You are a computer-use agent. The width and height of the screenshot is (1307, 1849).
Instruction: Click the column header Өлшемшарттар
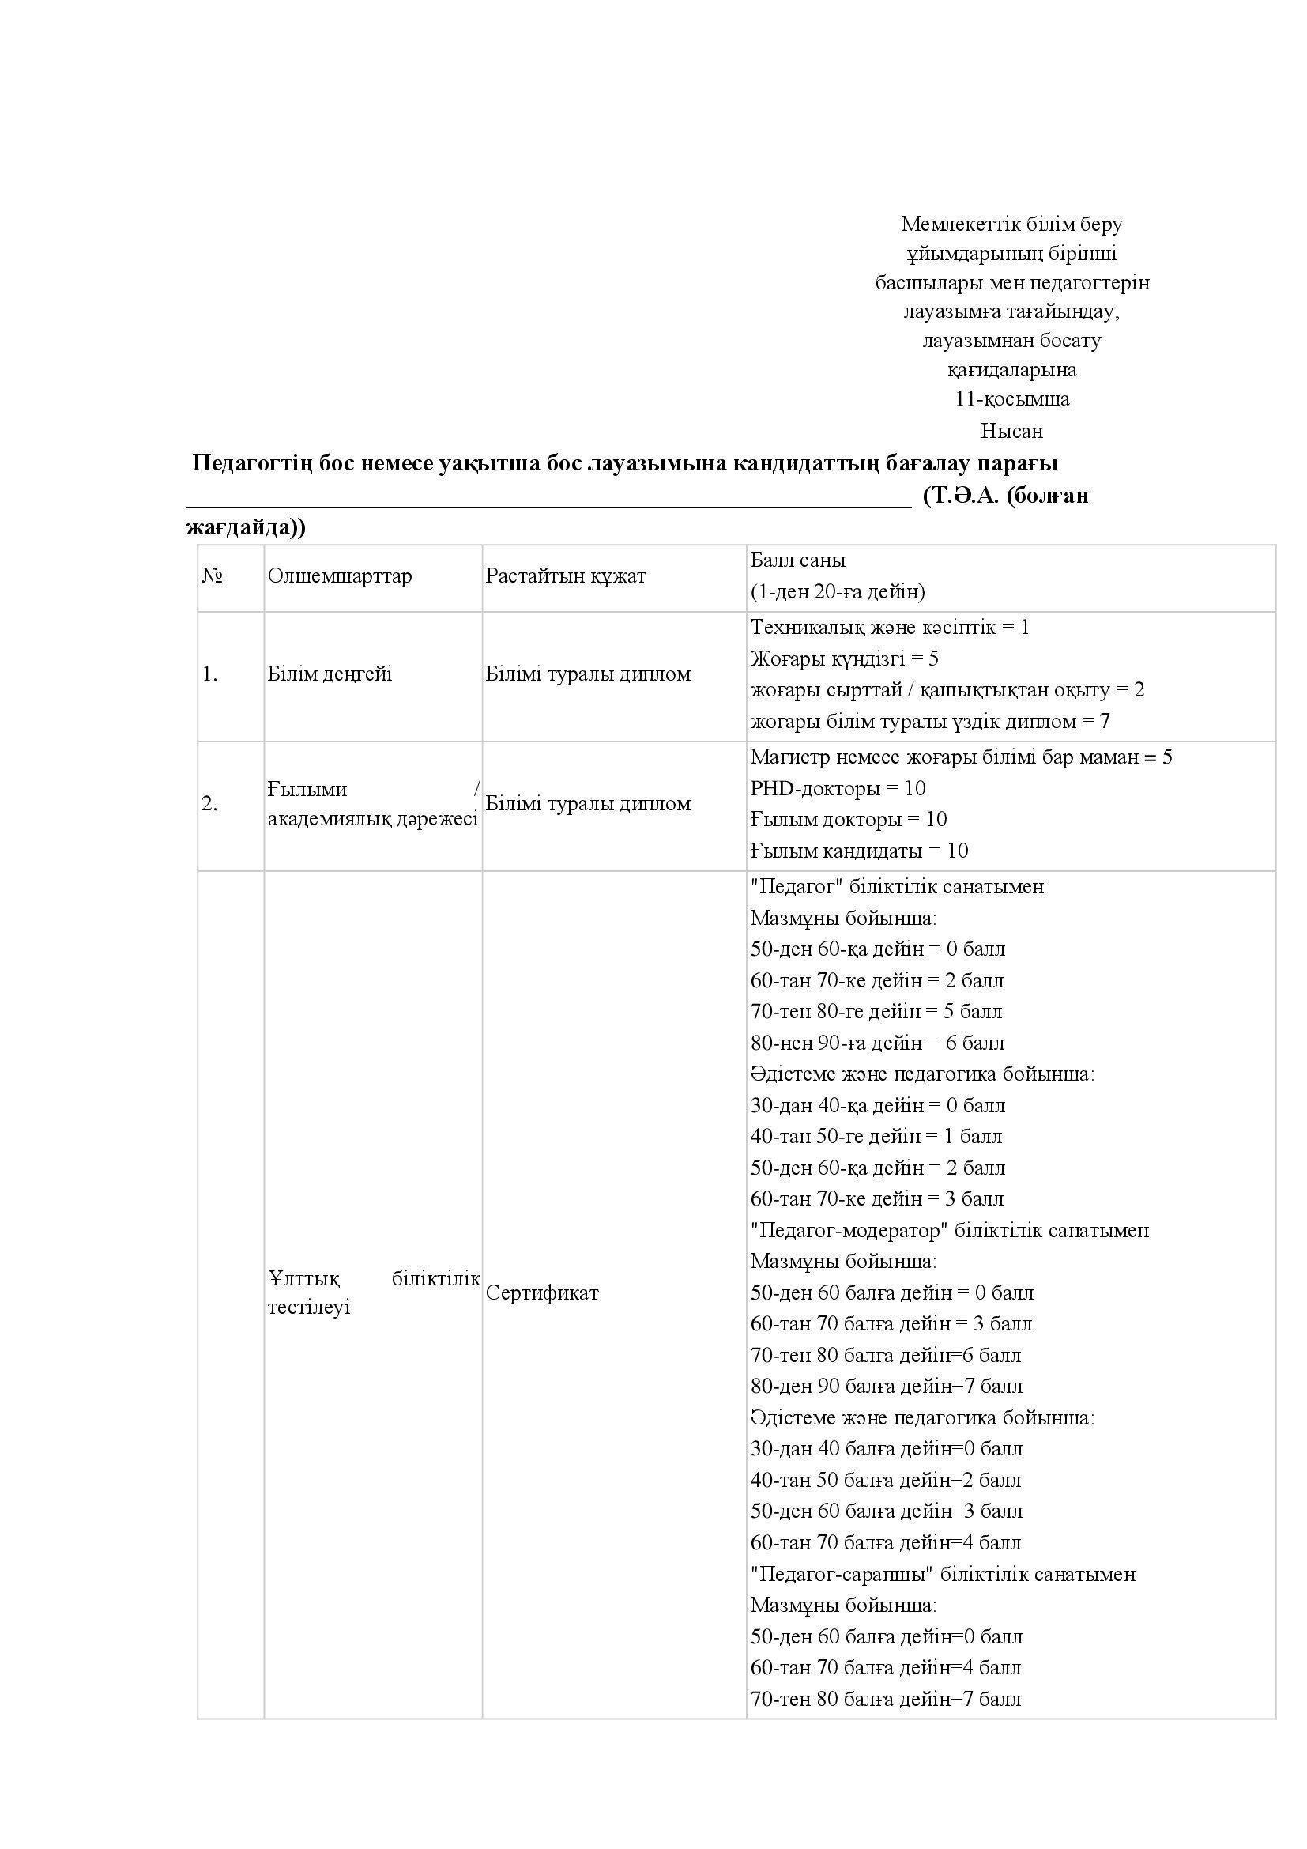pos(339,576)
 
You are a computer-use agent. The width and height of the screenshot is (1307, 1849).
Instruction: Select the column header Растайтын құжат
pos(565,576)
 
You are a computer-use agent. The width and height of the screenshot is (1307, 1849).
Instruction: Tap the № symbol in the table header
pos(212,576)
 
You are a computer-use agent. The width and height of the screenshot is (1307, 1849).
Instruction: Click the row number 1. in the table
pos(210,674)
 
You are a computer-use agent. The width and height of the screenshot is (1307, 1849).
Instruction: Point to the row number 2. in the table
pos(210,804)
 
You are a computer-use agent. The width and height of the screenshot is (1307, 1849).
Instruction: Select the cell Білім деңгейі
pos(330,674)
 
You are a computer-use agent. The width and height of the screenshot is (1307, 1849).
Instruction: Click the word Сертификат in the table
pos(541,1293)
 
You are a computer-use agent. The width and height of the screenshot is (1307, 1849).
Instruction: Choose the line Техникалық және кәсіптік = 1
pos(889,628)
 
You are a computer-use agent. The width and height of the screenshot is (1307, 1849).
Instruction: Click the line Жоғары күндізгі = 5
pos(844,658)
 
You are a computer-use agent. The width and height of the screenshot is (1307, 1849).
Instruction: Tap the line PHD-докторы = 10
pos(838,787)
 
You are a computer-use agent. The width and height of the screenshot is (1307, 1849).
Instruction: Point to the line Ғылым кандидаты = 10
pos(859,851)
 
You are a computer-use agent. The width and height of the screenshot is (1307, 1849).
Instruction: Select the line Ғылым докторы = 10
pos(848,819)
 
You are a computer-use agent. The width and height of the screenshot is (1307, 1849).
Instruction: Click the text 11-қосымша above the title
pos(1011,398)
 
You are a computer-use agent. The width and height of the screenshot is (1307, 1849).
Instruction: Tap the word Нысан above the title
pos(1011,431)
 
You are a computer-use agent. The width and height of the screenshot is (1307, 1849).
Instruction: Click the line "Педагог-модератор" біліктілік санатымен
pos(949,1231)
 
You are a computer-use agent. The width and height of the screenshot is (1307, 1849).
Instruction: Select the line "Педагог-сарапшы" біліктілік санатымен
pos(943,1575)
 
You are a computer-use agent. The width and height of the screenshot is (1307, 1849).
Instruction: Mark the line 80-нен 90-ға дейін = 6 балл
pos(877,1043)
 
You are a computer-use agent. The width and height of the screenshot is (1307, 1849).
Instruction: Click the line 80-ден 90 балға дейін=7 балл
pos(886,1387)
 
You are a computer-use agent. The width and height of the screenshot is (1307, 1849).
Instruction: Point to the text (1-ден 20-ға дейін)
pos(838,592)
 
